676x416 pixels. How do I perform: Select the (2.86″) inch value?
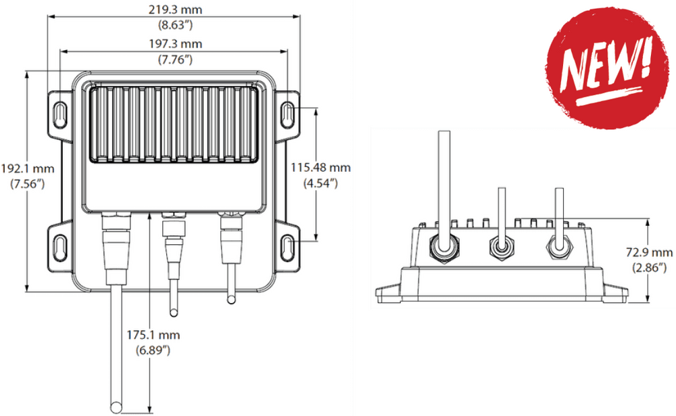tap(650, 268)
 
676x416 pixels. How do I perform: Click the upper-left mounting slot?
tap(60, 112)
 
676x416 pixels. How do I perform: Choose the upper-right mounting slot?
tap(289, 112)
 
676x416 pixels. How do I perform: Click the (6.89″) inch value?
tap(153, 350)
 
